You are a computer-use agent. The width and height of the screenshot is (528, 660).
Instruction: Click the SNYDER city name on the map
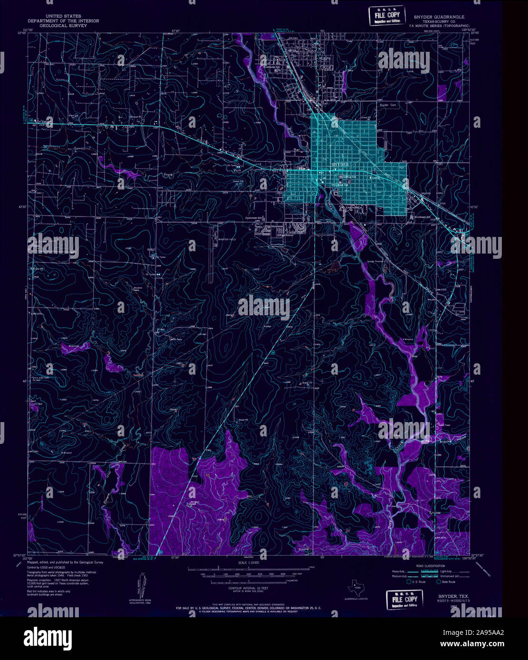[340, 164]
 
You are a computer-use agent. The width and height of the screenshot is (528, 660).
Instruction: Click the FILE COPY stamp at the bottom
[404, 600]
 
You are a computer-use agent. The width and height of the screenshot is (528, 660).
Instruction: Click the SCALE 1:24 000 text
[249, 563]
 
